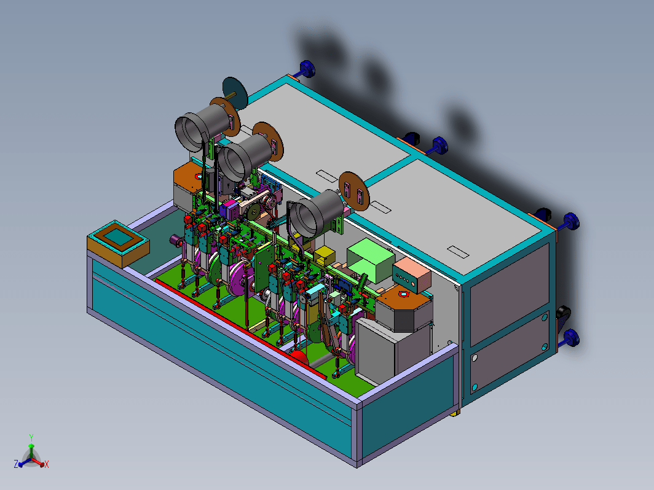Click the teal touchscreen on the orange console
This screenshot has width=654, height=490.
(x=118, y=237)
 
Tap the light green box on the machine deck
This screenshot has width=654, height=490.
(x=371, y=260)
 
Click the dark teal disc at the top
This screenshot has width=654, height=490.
(x=235, y=93)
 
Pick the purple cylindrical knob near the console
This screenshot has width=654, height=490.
(x=176, y=240)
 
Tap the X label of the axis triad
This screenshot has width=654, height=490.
(x=46, y=464)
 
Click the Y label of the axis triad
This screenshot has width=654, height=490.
(x=31, y=437)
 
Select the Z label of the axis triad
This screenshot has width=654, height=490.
(x=16, y=464)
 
